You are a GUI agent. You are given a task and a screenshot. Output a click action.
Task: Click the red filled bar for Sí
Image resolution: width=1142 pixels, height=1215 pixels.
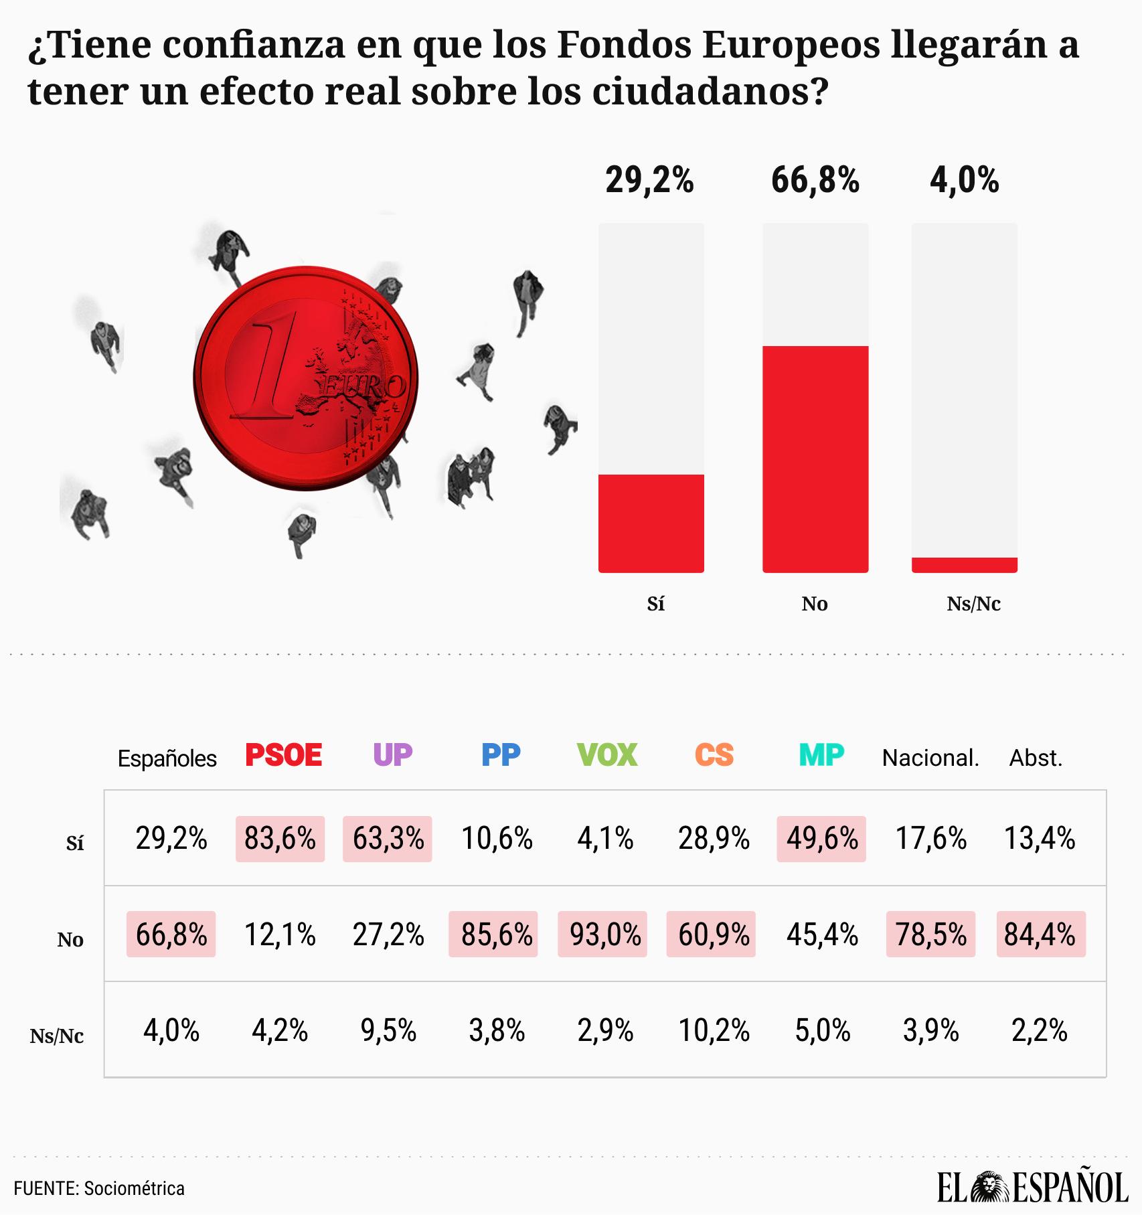(651, 523)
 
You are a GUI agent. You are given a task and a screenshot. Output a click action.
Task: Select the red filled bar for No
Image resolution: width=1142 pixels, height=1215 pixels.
(815, 459)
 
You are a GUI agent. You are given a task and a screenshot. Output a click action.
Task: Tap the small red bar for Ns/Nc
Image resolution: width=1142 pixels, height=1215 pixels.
(964, 565)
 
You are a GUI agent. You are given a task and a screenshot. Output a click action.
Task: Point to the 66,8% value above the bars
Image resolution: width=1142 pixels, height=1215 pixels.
(815, 180)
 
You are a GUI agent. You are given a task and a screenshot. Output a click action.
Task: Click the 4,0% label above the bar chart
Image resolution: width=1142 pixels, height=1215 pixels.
(964, 180)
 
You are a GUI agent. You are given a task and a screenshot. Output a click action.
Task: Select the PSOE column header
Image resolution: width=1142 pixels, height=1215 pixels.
(283, 755)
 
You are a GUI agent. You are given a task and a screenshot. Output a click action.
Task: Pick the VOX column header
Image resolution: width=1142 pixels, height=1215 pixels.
(606, 755)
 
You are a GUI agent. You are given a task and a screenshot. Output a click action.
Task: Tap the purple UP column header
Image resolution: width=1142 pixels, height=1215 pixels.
(392, 755)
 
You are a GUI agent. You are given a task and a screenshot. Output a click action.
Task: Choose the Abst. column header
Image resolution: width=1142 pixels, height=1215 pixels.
(1036, 758)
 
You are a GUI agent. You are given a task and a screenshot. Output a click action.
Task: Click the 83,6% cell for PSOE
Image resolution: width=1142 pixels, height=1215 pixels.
(280, 839)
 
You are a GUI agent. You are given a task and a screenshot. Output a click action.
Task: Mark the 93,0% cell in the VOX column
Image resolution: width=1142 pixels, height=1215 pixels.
(602, 935)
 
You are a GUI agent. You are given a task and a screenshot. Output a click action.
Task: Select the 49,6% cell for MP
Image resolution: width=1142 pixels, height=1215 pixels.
(821, 839)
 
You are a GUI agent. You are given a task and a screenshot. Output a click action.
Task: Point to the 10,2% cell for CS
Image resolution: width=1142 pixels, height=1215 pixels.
(714, 1031)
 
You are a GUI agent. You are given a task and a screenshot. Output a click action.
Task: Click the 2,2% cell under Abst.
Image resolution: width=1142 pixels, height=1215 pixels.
(1039, 1031)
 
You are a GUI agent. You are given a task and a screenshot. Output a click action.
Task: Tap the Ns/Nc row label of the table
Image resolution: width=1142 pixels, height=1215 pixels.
(57, 1036)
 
